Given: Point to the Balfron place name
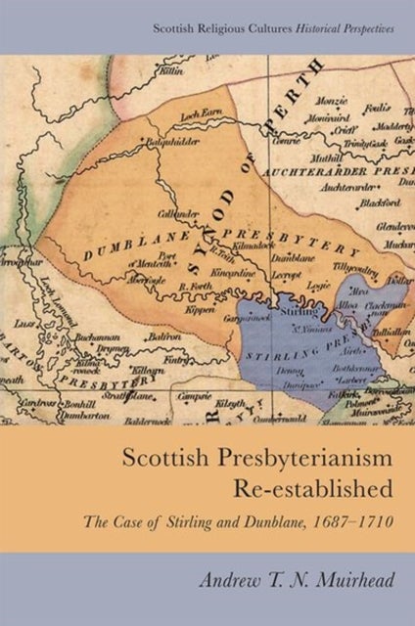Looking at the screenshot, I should coord(148,339).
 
